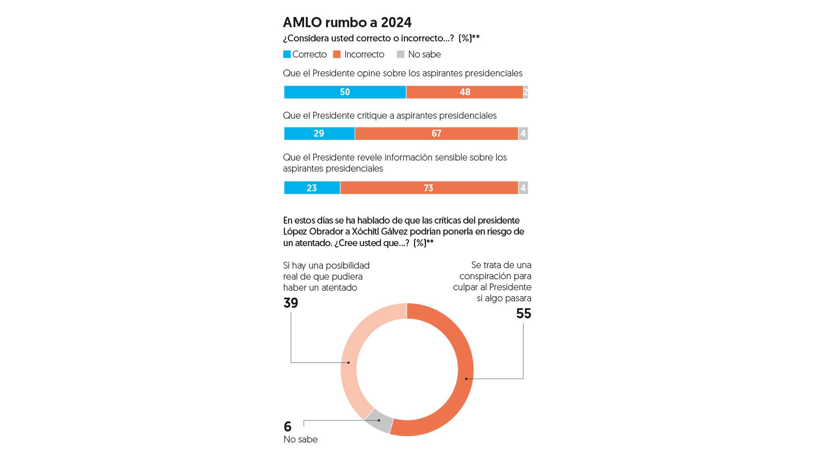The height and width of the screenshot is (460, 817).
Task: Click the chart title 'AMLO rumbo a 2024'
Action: tap(347, 23)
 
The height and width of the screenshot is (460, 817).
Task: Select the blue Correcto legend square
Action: tap(287, 54)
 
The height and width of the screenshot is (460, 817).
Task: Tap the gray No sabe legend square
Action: tap(401, 54)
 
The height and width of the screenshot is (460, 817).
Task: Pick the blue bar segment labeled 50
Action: tap(345, 92)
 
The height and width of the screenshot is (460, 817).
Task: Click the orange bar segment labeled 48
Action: tap(465, 92)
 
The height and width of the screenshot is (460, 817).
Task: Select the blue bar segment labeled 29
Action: tap(319, 133)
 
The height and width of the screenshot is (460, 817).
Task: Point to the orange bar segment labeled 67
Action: tap(436, 133)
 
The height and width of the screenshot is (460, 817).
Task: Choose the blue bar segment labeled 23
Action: tap(312, 188)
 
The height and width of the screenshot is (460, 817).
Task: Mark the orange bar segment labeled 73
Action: tap(429, 188)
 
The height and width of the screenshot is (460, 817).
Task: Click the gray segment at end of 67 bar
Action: tap(523, 133)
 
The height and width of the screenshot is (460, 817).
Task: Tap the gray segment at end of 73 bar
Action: tap(523, 188)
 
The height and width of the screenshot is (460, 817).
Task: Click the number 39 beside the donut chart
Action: tap(291, 303)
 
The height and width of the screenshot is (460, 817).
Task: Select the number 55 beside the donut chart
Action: tap(524, 314)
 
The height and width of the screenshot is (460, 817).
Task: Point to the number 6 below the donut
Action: tap(288, 426)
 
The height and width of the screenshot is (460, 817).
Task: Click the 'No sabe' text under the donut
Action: tap(300, 439)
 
